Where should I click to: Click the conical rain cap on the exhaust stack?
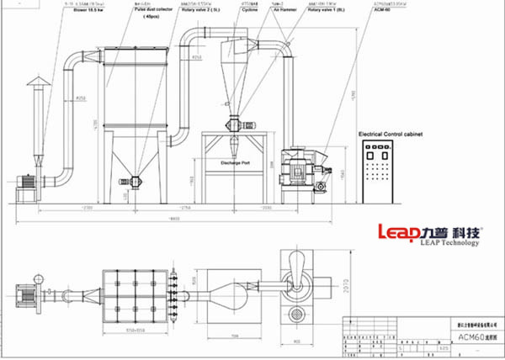pos(35,81)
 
